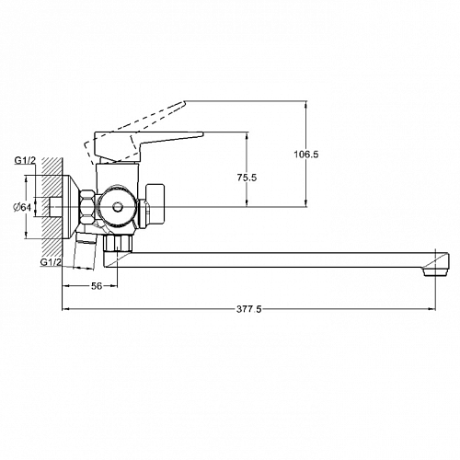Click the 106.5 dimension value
(x=306, y=155)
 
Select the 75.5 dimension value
(x=247, y=178)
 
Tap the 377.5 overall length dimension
(x=248, y=309)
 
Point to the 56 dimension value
(x=97, y=286)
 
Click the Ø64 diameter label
(x=22, y=207)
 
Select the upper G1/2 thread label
(x=25, y=160)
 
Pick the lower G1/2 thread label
(x=51, y=262)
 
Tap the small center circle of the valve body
(x=117, y=207)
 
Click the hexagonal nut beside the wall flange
(x=87, y=207)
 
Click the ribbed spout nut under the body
(x=119, y=243)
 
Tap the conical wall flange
(x=71, y=207)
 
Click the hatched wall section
(x=52, y=212)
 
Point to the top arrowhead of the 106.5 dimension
(x=306, y=104)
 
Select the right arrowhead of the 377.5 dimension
(x=431, y=309)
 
